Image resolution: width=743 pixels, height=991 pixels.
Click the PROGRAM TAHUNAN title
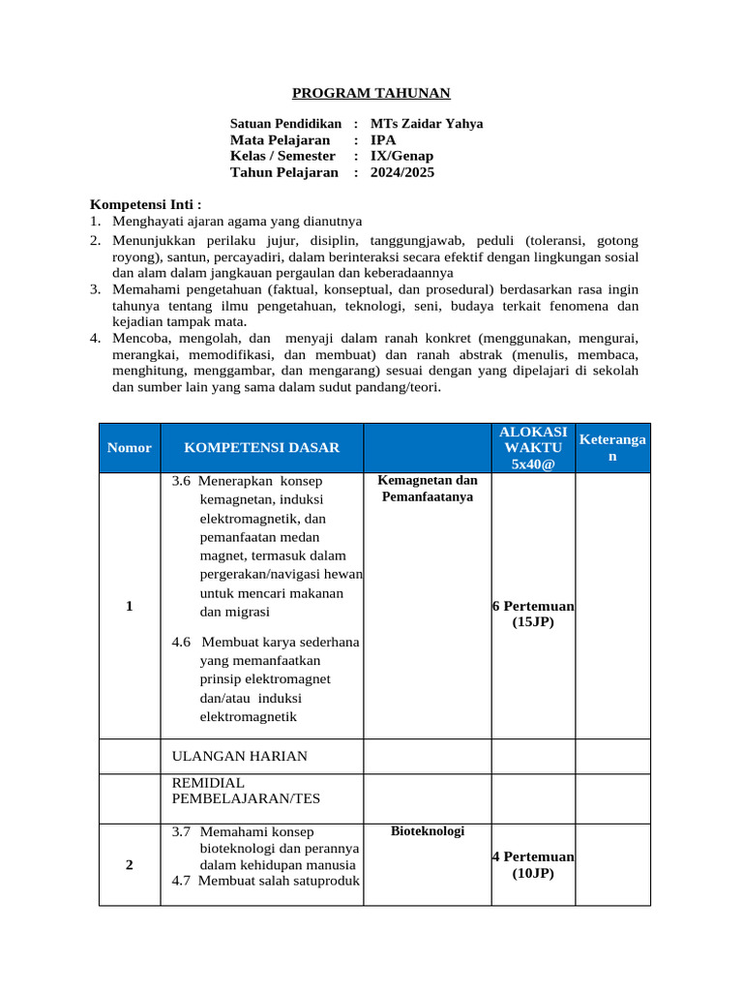[x=371, y=93]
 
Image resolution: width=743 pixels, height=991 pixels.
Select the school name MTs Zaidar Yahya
[x=427, y=124]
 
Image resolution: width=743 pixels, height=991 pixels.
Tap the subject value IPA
[x=383, y=140]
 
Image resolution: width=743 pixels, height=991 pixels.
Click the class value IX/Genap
[x=402, y=156]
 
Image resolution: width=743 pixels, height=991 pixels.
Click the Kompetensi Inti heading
[x=146, y=204]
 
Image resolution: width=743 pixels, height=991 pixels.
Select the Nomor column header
[x=130, y=447]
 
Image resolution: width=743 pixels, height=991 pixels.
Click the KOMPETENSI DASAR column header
[x=261, y=447]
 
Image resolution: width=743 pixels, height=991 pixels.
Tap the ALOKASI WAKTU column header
[x=533, y=447]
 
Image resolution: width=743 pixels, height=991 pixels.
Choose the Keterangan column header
[x=612, y=447]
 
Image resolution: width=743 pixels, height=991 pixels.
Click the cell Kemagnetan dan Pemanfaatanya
[x=427, y=489]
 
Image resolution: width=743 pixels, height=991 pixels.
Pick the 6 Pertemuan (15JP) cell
[x=533, y=614]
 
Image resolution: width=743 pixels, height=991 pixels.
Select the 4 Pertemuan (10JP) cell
[x=533, y=864]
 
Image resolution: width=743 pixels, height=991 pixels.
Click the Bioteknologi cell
[x=427, y=831]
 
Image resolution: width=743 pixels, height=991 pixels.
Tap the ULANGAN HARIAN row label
[x=239, y=756]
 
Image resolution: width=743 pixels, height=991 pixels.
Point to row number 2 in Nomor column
[x=130, y=864]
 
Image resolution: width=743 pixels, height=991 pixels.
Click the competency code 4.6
[x=181, y=643]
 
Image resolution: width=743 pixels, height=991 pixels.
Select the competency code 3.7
[x=181, y=831]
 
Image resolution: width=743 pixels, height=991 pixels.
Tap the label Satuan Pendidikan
[x=285, y=124]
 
